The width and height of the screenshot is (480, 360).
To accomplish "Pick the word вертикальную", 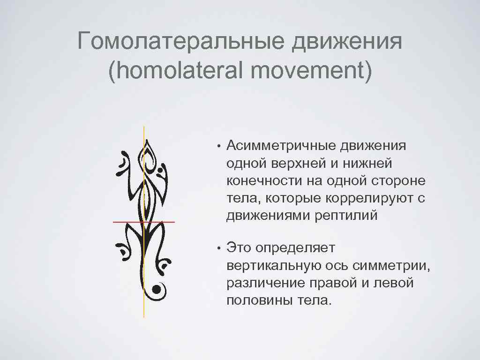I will (278, 266).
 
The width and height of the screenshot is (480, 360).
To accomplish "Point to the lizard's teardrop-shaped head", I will (149, 153).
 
